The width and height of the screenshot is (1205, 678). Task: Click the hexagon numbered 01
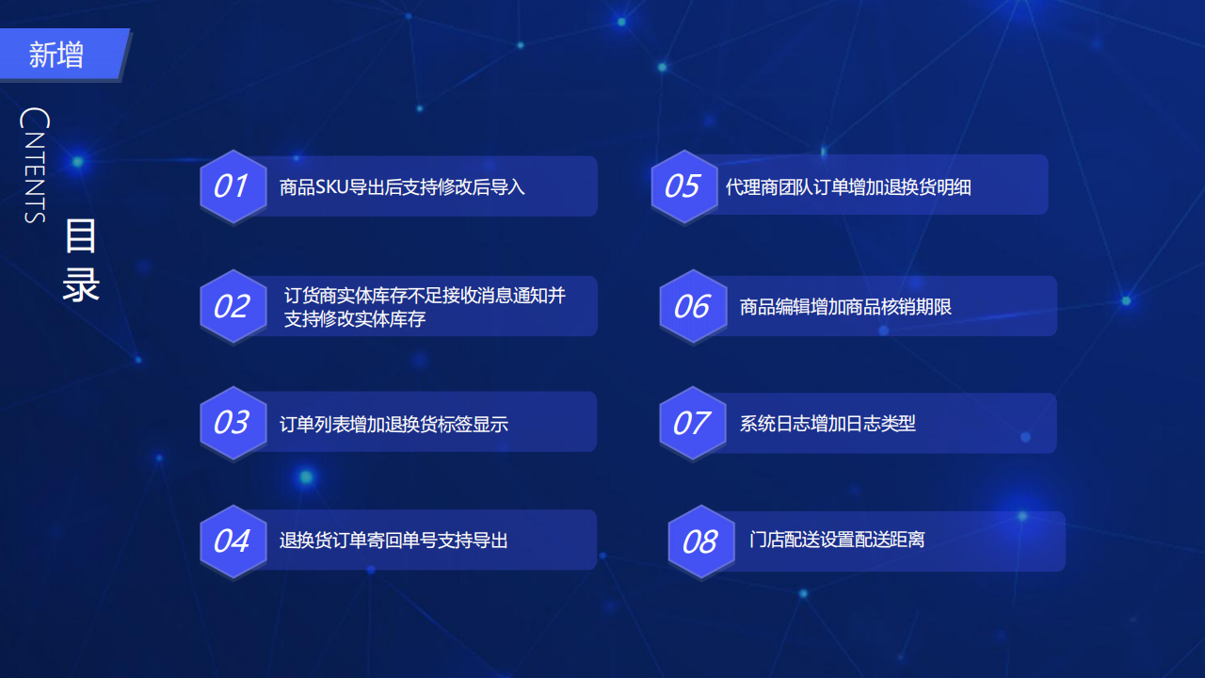[233, 186]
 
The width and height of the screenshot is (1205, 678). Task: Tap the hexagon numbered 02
[233, 306]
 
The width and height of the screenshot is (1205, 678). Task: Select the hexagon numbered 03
[233, 423]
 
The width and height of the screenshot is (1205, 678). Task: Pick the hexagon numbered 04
[233, 541]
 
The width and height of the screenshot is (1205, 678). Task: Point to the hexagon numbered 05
[684, 186]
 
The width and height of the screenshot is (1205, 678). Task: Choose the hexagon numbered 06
[694, 306]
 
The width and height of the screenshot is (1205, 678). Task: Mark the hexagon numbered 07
[693, 423]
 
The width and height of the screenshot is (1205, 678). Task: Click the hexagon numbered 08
[701, 541]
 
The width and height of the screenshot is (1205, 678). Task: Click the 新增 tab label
[56, 55]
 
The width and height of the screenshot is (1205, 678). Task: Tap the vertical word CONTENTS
[35, 165]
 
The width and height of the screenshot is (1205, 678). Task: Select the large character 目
[81, 235]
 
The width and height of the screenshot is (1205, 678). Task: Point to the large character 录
[81, 283]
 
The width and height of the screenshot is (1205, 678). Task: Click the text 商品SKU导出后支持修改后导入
[402, 186]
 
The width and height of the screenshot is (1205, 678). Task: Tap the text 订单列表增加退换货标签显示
[394, 424]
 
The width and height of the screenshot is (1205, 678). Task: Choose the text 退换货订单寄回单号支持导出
[394, 540]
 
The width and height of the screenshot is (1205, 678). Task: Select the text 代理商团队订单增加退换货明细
[848, 186]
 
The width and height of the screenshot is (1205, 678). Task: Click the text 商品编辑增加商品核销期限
[845, 307]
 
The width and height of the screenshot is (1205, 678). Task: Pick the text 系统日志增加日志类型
[827, 424]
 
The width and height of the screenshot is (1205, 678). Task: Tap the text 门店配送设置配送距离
[837, 540]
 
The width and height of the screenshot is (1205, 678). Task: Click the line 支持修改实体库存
[355, 319]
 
